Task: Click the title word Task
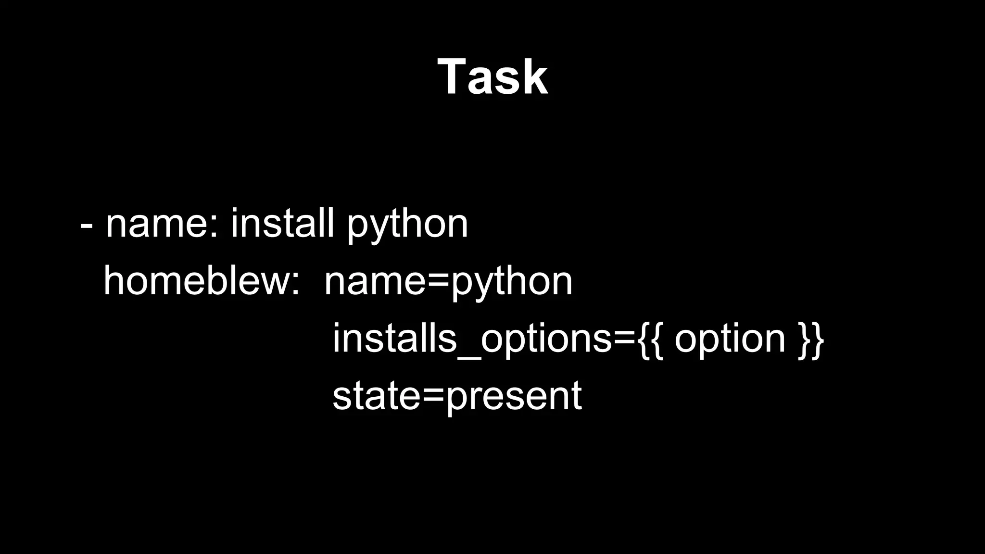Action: (x=492, y=77)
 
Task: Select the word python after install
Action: (x=407, y=226)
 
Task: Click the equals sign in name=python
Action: (x=438, y=281)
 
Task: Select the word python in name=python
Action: (x=511, y=284)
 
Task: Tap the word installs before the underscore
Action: (x=394, y=338)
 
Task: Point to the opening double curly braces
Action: (x=651, y=339)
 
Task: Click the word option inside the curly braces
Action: (x=730, y=340)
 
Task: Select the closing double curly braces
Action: (x=811, y=339)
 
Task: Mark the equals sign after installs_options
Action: (x=625, y=339)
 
